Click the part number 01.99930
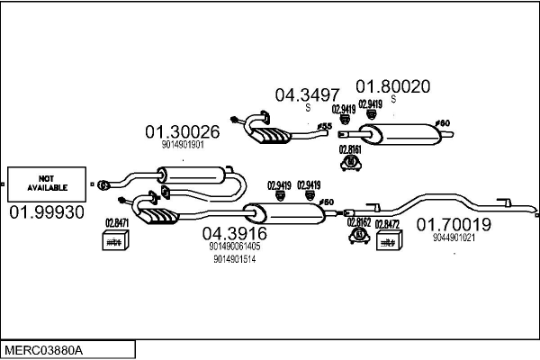pyautogui.click(x=47, y=212)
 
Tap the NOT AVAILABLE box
pyautogui.click(x=47, y=183)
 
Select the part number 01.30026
pyautogui.click(x=183, y=131)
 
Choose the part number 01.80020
pyautogui.click(x=392, y=86)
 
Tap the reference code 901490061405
pyautogui.click(x=234, y=246)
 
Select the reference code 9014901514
pyautogui.click(x=234, y=259)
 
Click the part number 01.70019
pyautogui.click(x=453, y=225)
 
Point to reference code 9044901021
pyautogui.click(x=453, y=238)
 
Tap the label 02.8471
pyautogui.click(x=117, y=223)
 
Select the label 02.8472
pyautogui.click(x=387, y=222)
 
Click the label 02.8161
pyautogui.click(x=350, y=149)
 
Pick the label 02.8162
pyautogui.click(x=359, y=221)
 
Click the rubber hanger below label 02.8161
pyautogui.click(x=350, y=163)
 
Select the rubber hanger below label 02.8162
pyautogui.click(x=358, y=236)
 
